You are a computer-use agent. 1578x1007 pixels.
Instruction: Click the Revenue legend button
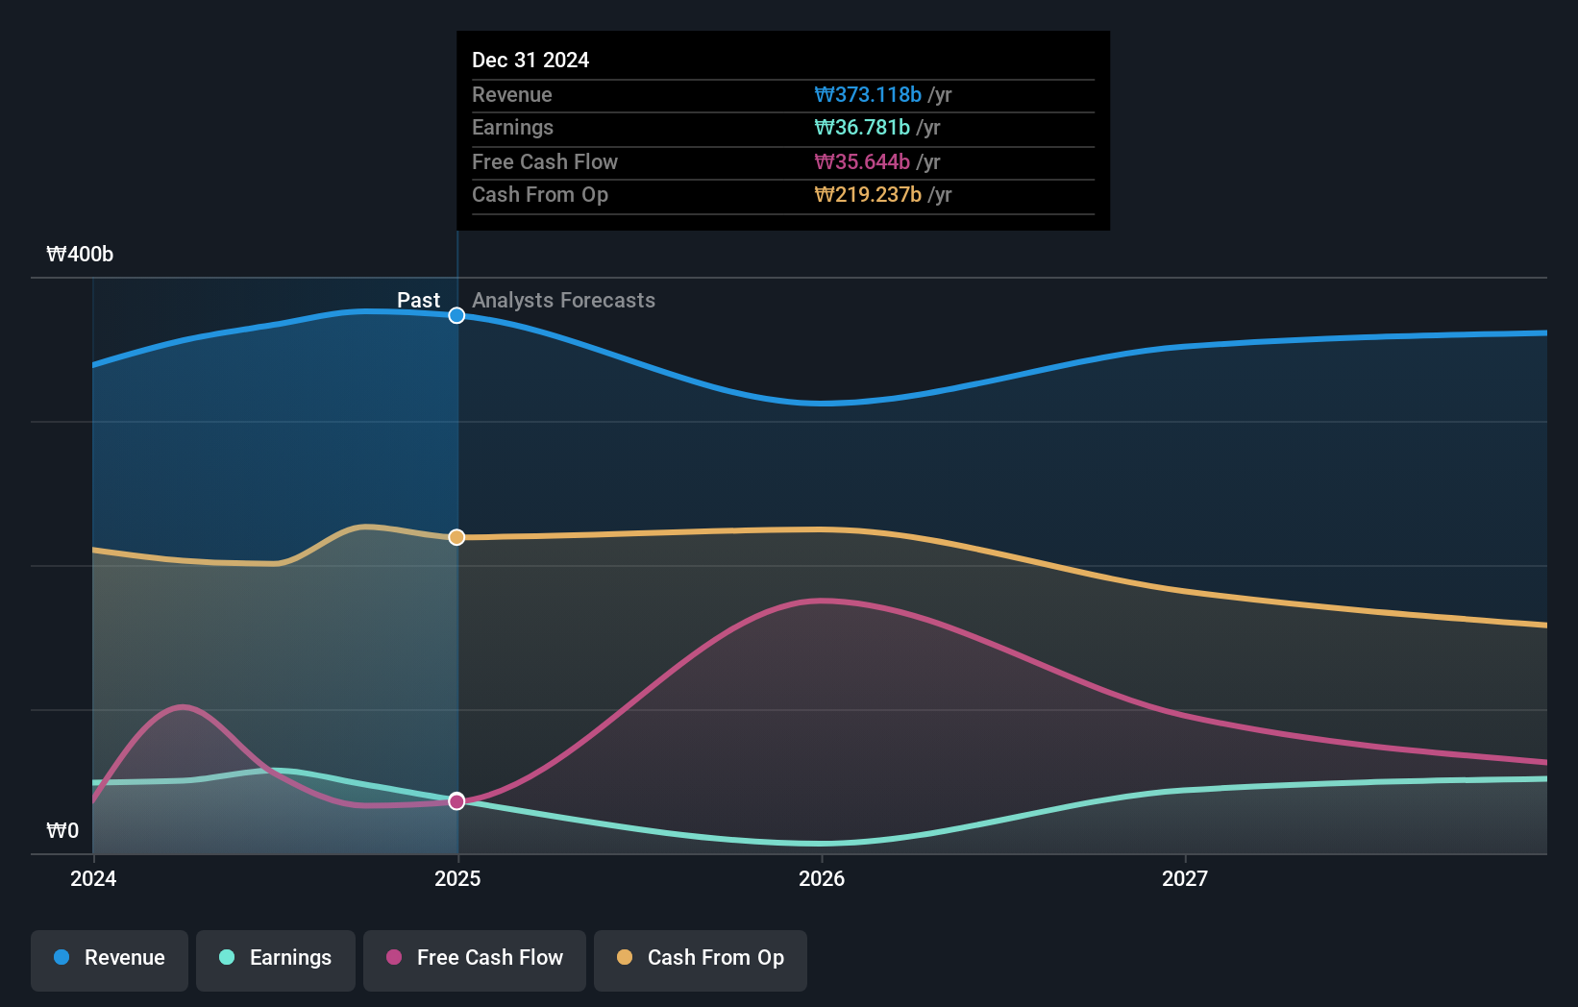(x=110, y=958)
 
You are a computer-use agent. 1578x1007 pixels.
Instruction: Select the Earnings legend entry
(x=276, y=958)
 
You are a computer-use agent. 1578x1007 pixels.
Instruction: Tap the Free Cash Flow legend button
(x=475, y=958)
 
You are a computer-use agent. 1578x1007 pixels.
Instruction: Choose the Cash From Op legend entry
(x=701, y=958)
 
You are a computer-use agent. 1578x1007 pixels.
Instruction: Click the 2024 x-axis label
(x=93, y=878)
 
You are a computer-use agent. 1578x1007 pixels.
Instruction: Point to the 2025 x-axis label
(x=457, y=878)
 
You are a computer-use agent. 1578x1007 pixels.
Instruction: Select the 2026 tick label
(x=822, y=878)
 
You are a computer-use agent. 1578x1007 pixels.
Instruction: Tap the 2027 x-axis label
(x=1184, y=878)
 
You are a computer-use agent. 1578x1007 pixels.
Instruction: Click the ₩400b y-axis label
(x=80, y=255)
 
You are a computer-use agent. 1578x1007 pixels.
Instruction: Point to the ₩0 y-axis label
(x=62, y=830)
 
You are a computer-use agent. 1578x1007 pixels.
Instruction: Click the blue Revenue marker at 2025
(x=457, y=315)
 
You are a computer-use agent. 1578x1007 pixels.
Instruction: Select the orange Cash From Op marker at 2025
(x=457, y=537)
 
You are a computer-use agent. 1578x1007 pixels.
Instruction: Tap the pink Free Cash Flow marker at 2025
(x=457, y=801)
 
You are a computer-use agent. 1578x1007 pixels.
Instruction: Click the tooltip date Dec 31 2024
(x=530, y=60)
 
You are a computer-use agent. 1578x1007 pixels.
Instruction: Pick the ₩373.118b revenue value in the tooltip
(x=868, y=94)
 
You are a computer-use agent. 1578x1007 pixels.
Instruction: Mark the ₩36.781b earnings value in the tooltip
(x=862, y=127)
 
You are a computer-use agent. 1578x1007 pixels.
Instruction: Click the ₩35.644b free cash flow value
(x=862, y=161)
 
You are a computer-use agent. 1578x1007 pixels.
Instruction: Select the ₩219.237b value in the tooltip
(x=868, y=194)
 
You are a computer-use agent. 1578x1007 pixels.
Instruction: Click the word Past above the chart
(x=418, y=300)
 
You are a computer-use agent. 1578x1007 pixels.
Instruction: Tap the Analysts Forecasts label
(x=563, y=300)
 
